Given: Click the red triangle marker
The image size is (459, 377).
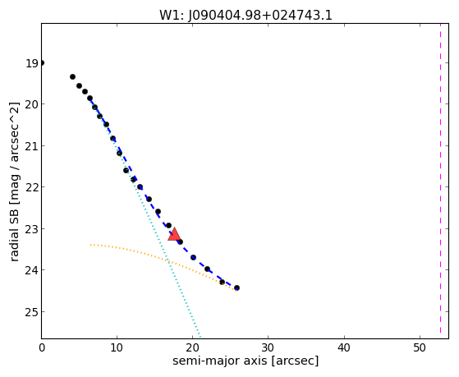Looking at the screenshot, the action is click(x=174, y=234).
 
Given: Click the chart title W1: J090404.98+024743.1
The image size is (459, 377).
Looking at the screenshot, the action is click(x=246, y=16).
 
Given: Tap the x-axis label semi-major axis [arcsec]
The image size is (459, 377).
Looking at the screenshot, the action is click(x=246, y=361).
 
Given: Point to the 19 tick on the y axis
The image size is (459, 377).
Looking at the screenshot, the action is click(x=32, y=63).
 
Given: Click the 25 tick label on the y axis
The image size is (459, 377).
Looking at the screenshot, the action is click(x=32, y=312).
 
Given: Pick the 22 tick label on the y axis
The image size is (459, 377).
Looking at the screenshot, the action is click(x=32, y=187).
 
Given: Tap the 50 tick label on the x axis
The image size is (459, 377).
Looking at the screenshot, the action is click(x=420, y=347).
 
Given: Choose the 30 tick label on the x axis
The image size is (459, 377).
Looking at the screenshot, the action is click(x=269, y=347).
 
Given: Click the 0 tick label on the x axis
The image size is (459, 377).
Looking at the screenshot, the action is click(x=42, y=347).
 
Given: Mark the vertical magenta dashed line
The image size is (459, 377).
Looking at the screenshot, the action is click(x=440, y=179).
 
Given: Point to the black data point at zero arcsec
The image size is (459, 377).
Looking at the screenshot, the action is click(x=42, y=62).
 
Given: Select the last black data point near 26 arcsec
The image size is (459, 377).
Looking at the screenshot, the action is click(x=236, y=288).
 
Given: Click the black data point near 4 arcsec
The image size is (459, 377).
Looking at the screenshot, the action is click(x=72, y=76).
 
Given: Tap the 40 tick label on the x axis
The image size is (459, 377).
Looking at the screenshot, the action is click(x=344, y=347).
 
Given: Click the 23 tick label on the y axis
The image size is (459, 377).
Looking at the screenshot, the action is click(x=32, y=229).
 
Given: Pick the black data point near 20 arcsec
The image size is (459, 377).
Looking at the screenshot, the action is click(x=193, y=257).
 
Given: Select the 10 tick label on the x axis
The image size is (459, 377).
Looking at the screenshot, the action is click(x=117, y=347).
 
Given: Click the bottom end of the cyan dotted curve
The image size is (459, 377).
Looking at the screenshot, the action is click(x=200, y=337).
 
